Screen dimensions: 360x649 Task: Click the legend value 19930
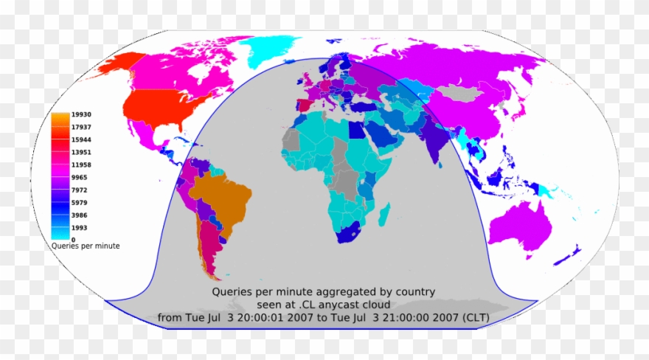tap(81, 114)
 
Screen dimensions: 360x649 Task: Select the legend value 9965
tap(79, 177)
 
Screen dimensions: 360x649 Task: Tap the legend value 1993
tap(79, 227)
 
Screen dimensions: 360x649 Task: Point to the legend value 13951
tap(81, 152)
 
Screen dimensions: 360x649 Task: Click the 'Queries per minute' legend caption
tap(86, 246)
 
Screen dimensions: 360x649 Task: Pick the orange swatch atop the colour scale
tap(60, 116)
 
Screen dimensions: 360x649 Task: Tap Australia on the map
tap(519, 225)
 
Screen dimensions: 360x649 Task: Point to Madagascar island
tap(383, 215)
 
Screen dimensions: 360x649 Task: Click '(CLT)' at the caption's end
tap(471, 318)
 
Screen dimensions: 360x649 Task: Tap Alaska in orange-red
tap(118, 65)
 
